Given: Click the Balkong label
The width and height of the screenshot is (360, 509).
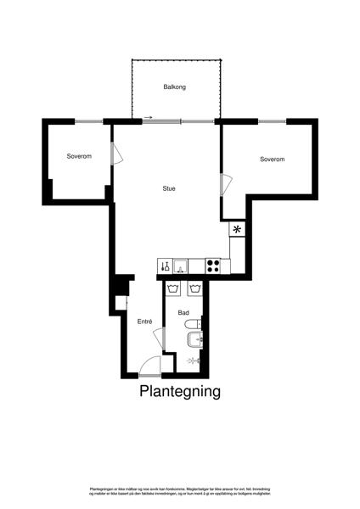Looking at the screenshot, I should pyautogui.click(x=174, y=87).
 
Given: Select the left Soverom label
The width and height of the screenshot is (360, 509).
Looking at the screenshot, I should pyautogui.click(x=79, y=156).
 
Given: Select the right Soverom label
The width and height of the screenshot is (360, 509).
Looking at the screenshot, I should pyautogui.click(x=272, y=159).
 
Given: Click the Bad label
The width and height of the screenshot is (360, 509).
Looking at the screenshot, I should pyautogui.click(x=183, y=313).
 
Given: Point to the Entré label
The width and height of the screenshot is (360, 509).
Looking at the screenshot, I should pyautogui.click(x=144, y=322).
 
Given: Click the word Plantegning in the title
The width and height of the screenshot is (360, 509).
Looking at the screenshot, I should pyautogui.click(x=180, y=392).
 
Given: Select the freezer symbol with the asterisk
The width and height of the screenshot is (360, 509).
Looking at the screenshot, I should pyautogui.click(x=237, y=229).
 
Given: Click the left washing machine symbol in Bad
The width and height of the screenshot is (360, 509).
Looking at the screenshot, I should pyautogui.click(x=174, y=289).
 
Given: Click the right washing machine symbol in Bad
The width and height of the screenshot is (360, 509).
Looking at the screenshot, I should pyautogui.click(x=194, y=289).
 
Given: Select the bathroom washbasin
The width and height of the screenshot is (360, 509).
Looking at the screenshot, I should pyautogui.click(x=194, y=341).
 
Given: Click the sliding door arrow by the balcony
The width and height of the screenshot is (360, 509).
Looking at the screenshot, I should pyautogui.click(x=149, y=117).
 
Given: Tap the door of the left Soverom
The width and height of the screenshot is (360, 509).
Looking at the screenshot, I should pyautogui.click(x=117, y=156).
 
